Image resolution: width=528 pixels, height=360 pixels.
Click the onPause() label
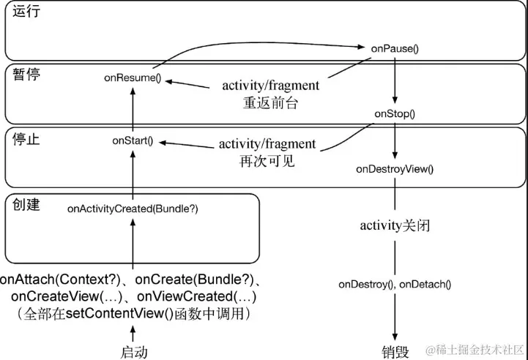coord(395,49)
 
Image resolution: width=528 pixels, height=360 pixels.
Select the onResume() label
coord(133,78)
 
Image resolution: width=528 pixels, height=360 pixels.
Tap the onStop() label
coord(395,113)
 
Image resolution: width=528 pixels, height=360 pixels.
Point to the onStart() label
coord(133,140)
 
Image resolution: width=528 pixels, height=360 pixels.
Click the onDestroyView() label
coord(395,169)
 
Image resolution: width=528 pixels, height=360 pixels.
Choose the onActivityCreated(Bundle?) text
coord(133,209)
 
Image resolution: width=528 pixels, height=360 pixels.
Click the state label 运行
coord(26,11)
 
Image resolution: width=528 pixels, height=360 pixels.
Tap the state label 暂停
coord(26,75)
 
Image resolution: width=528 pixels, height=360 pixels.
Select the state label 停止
coord(26,139)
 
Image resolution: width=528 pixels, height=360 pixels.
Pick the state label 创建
coord(26,204)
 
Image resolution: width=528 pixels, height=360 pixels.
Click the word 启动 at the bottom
coord(134,352)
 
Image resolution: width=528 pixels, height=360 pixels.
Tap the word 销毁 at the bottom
coord(395,352)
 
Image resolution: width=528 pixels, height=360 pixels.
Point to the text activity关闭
coord(395,225)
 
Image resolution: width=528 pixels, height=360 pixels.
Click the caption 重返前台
coord(270,103)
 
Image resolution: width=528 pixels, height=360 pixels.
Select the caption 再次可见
coord(267,161)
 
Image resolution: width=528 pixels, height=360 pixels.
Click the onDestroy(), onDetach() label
coord(395,285)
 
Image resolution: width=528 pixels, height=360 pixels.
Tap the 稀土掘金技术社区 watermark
coord(475,350)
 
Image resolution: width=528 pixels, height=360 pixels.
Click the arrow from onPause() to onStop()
coord(395,80)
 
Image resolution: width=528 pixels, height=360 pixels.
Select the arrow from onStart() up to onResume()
coord(133,109)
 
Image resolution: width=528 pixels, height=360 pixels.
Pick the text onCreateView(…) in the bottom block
coord(67,296)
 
